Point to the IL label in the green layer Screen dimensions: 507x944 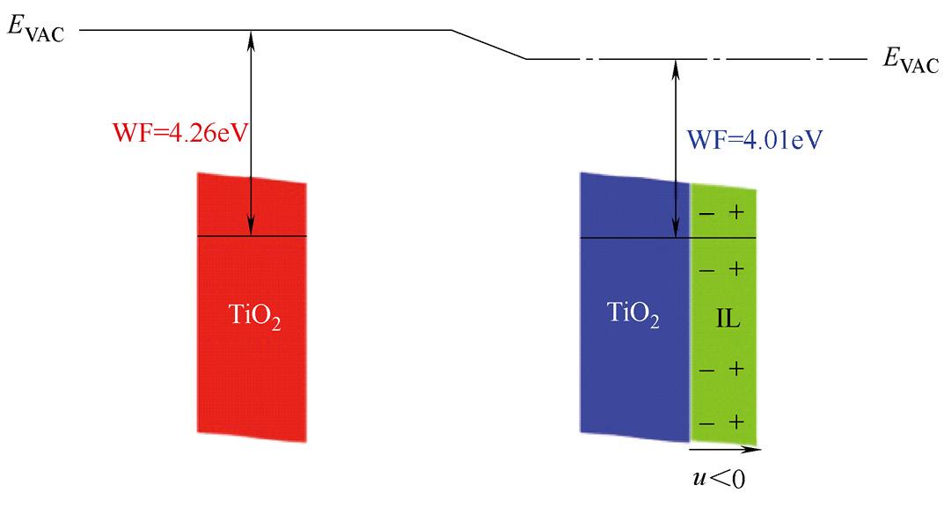(728, 318)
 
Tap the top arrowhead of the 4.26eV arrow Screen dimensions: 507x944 (252, 36)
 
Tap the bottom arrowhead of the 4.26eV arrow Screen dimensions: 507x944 (252, 231)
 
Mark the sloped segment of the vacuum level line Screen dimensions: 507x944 (488, 45)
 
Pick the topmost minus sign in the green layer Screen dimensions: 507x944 (706, 214)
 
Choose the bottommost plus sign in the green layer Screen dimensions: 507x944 (737, 422)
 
